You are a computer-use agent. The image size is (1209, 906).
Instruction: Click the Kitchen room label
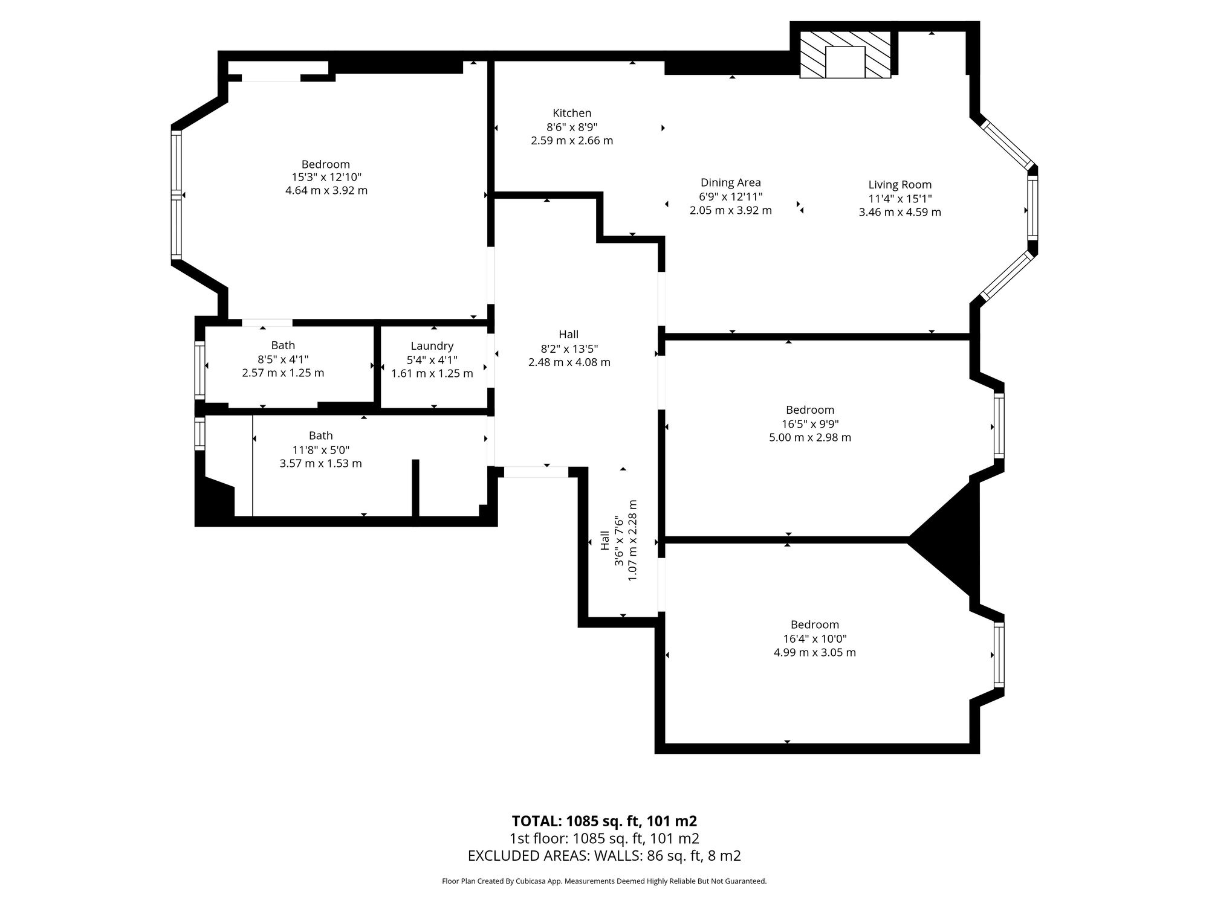[x=572, y=113]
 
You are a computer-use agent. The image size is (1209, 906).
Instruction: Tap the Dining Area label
[x=730, y=182]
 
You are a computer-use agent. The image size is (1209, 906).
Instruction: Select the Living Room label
[x=899, y=185]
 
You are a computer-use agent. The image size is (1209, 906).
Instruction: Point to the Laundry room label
[x=432, y=346]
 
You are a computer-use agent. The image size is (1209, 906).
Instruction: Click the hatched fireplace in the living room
[x=845, y=55]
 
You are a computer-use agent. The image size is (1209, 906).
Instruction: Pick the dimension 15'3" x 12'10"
[x=326, y=177]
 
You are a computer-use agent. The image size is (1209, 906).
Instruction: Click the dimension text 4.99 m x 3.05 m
[x=814, y=652]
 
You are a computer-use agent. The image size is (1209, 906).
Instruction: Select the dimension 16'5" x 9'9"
[x=809, y=424]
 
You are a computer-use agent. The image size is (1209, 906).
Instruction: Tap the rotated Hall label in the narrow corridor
[x=604, y=541]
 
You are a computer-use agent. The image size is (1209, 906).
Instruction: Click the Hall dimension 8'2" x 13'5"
[x=569, y=349]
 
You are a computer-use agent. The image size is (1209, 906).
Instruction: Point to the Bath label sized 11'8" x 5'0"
[x=320, y=435]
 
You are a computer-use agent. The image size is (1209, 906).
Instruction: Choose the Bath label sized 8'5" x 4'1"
[x=283, y=345]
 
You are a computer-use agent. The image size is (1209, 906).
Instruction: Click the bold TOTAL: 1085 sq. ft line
[x=604, y=821]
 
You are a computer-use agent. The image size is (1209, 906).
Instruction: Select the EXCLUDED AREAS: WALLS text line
[x=604, y=856]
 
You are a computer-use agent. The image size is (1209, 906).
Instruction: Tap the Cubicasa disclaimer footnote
[x=604, y=881]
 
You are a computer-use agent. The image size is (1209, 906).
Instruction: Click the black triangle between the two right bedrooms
[x=946, y=539]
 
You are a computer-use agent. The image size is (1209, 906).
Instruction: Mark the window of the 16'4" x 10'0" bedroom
[x=999, y=655]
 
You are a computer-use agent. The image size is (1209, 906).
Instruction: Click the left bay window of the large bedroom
[x=176, y=195]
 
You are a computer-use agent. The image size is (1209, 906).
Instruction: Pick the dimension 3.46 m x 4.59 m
[x=899, y=212]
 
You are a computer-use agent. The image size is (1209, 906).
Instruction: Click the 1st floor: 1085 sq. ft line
[x=604, y=838]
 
